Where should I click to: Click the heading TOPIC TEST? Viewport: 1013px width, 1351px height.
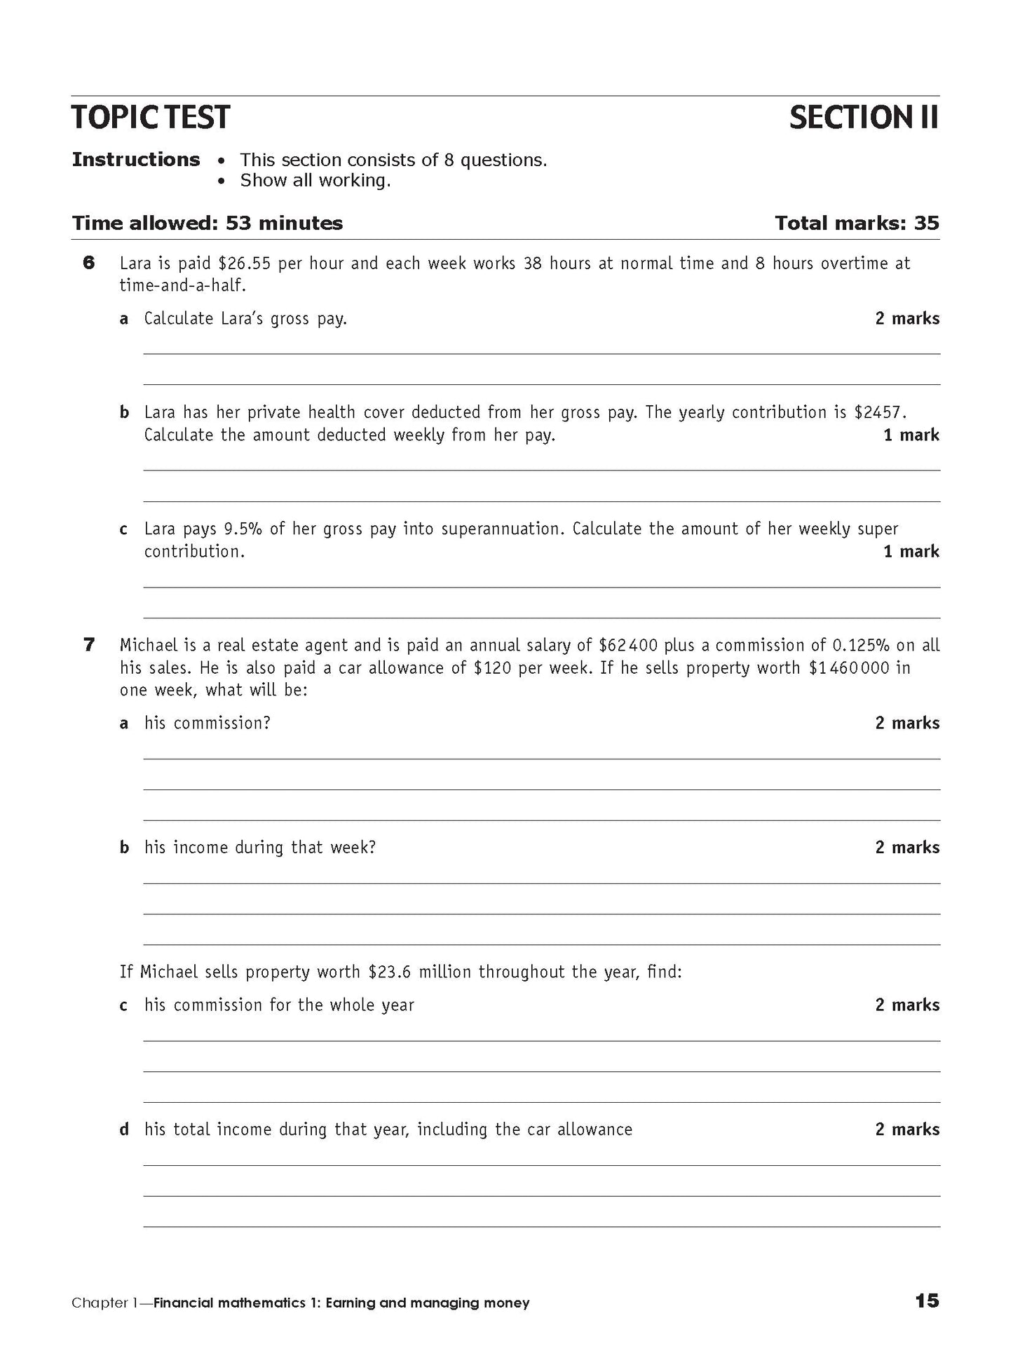point(150,118)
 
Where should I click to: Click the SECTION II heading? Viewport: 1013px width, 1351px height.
point(863,118)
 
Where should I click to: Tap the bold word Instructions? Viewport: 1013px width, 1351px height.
point(136,160)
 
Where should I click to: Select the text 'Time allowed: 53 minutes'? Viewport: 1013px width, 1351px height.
point(208,224)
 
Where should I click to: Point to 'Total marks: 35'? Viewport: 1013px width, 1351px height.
point(857,224)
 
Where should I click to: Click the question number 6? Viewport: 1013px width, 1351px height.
point(89,264)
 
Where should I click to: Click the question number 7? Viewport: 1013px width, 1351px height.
point(89,645)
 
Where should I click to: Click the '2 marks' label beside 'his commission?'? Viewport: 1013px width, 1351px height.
point(907,723)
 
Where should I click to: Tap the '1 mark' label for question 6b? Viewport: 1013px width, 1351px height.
point(911,435)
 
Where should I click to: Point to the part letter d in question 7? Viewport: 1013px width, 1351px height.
point(124,1129)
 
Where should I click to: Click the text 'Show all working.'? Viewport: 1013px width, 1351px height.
point(315,181)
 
